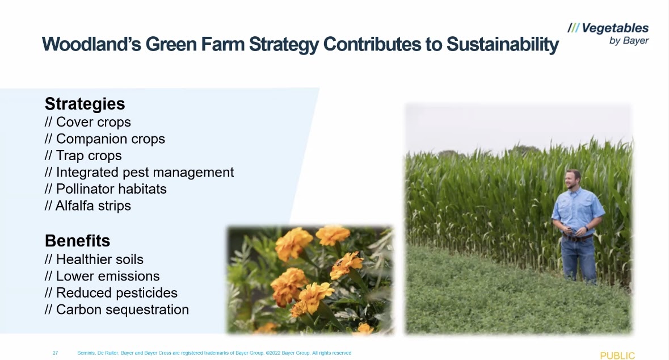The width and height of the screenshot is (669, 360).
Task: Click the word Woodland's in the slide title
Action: (91, 44)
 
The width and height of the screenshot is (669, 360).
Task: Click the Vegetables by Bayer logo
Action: (608, 34)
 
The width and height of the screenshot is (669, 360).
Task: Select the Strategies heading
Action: (85, 104)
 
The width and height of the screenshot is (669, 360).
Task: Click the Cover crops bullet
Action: (87, 122)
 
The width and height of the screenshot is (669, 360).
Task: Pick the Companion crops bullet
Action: (104, 139)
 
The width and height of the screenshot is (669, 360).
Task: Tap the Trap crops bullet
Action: (83, 156)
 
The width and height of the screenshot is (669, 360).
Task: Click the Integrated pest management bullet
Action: (139, 172)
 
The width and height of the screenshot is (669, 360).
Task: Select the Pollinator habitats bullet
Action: (106, 189)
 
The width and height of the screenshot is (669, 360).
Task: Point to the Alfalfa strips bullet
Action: (87, 206)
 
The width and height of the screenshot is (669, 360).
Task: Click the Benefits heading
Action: (77, 241)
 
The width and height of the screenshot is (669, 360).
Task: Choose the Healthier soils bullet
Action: (94, 259)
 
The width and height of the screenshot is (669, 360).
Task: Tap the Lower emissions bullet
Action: (102, 276)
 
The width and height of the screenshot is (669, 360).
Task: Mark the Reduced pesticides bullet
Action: (111, 292)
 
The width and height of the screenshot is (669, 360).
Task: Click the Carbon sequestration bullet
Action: (116, 309)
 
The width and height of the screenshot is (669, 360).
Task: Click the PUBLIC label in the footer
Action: (617, 355)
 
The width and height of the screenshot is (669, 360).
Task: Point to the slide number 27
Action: (55, 353)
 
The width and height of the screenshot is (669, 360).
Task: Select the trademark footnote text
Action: (214, 353)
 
